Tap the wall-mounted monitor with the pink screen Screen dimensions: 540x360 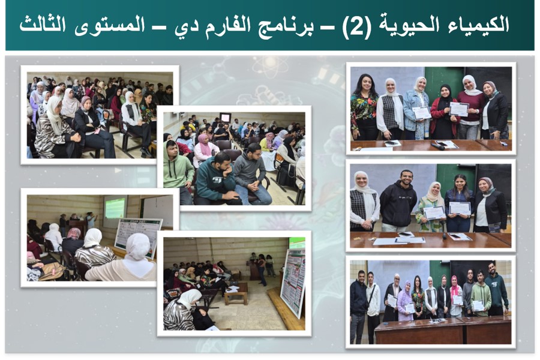(225, 118)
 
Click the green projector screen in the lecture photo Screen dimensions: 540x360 (115, 208)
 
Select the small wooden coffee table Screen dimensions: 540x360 (236, 293)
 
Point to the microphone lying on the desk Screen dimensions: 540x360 (438, 146)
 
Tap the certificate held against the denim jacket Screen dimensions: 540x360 (422, 113)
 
